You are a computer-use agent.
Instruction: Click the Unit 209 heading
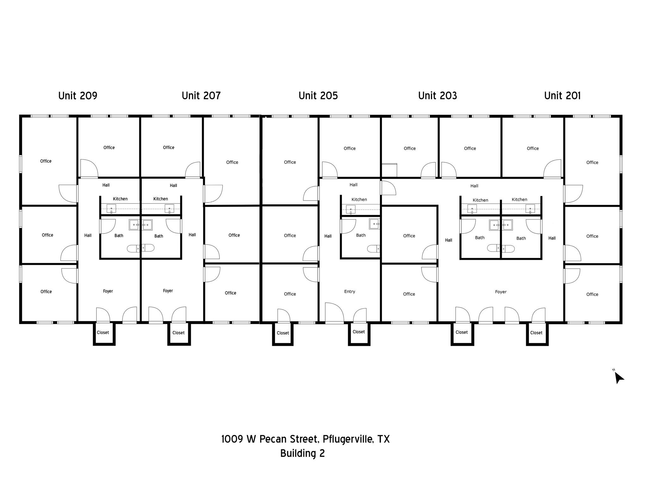click(78, 96)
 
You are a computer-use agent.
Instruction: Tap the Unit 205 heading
click(318, 96)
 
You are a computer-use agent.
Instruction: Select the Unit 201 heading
click(562, 96)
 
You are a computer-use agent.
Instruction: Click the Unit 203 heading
click(437, 96)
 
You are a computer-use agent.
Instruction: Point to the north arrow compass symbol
click(619, 377)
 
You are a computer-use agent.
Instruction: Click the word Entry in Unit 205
click(349, 291)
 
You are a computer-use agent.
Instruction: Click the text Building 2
click(302, 453)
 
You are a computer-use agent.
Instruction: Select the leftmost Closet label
click(103, 333)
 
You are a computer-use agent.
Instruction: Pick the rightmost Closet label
click(536, 333)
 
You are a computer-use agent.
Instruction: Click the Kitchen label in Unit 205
click(359, 199)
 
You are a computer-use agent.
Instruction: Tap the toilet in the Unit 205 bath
click(373, 249)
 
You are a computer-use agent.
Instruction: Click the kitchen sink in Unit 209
click(111, 209)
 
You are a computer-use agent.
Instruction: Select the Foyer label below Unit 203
click(501, 292)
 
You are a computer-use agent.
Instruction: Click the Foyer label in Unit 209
click(108, 291)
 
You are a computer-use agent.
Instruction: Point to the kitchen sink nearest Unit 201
click(530, 209)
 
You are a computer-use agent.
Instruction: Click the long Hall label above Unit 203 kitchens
click(474, 186)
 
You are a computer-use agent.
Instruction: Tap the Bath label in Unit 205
click(361, 235)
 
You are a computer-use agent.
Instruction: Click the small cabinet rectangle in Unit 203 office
click(389, 170)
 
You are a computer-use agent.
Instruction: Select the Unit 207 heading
click(201, 96)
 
